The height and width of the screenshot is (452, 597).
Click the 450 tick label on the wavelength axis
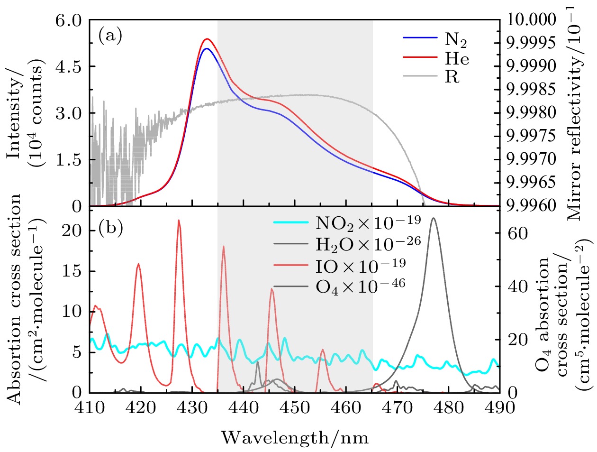[x=295, y=408]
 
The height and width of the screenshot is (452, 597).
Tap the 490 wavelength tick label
[x=499, y=408]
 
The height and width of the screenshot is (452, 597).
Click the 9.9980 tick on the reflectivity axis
[x=531, y=113]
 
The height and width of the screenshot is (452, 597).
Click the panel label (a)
[x=110, y=36]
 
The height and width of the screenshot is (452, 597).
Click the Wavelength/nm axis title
[x=295, y=437]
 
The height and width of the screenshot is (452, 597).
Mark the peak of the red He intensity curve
[x=207, y=39]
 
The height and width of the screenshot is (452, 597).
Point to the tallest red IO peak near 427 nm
[x=179, y=220]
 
